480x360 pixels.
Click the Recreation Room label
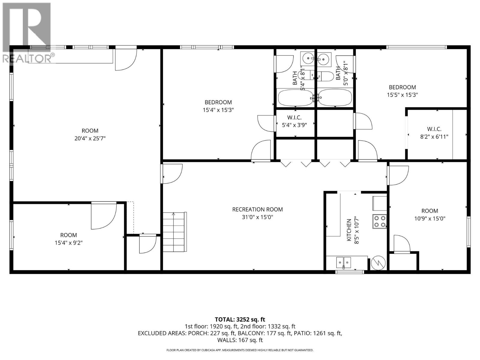click(257, 209)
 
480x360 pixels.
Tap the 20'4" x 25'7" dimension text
click(90, 139)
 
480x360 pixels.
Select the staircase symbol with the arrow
click(175, 232)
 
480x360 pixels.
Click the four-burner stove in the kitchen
click(379, 221)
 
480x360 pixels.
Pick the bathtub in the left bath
click(295, 97)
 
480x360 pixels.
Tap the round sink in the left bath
click(307, 58)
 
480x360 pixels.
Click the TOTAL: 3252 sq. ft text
click(240, 319)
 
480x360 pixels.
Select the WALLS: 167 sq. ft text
click(240, 340)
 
